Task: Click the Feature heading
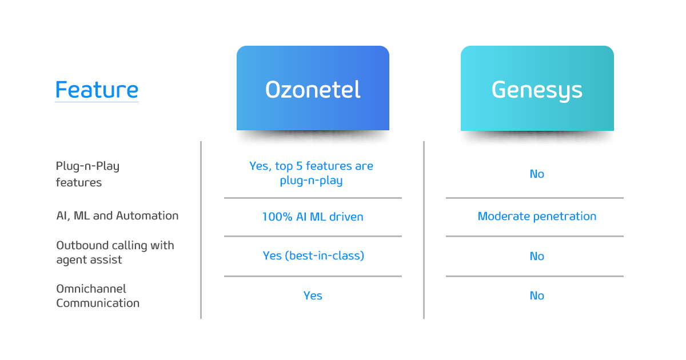(x=97, y=90)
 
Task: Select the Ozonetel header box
(x=313, y=88)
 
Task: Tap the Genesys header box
(x=537, y=89)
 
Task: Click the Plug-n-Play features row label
(x=87, y=174)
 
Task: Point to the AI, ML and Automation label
(x=117, y=216)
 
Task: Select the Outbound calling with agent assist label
(x=115, y=253)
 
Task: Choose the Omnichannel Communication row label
(x=98, y=296)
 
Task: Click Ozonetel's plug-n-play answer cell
(x=311, y=173)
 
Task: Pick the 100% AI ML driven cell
(x=313, y=217)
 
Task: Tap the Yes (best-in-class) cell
(x=313, y=255)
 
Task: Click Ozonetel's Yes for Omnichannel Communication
(x=313, y=296)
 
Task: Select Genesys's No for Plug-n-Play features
(x=537, y=174)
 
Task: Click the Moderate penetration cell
(x=537, y=217)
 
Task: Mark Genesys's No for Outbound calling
(x=537, y=256)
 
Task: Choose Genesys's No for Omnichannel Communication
(x=537, y=296)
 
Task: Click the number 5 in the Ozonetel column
(x=299, y=166)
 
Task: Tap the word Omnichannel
(x=91, y=289)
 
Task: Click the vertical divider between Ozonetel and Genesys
(x=424, y=230)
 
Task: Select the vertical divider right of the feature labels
(x=201, y=230)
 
